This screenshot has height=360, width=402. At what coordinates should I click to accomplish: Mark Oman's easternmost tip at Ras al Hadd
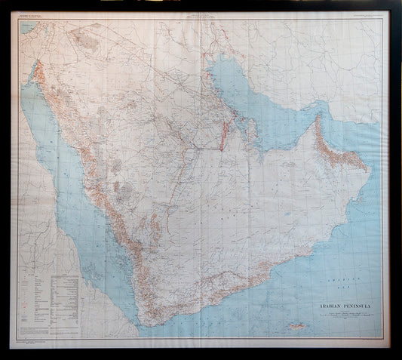coord(369,167)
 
